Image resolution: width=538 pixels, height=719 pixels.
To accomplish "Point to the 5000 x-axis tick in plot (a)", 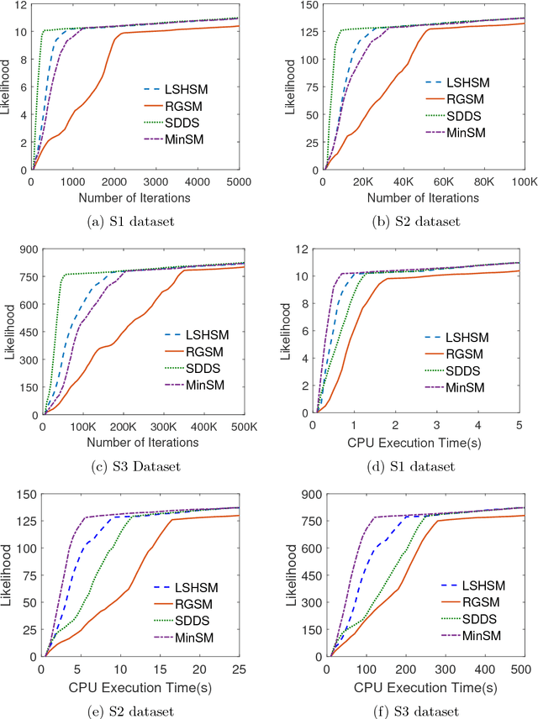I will (x=238, y=181).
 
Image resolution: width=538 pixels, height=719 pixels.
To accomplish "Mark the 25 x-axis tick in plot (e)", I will (x=239, y=669).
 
